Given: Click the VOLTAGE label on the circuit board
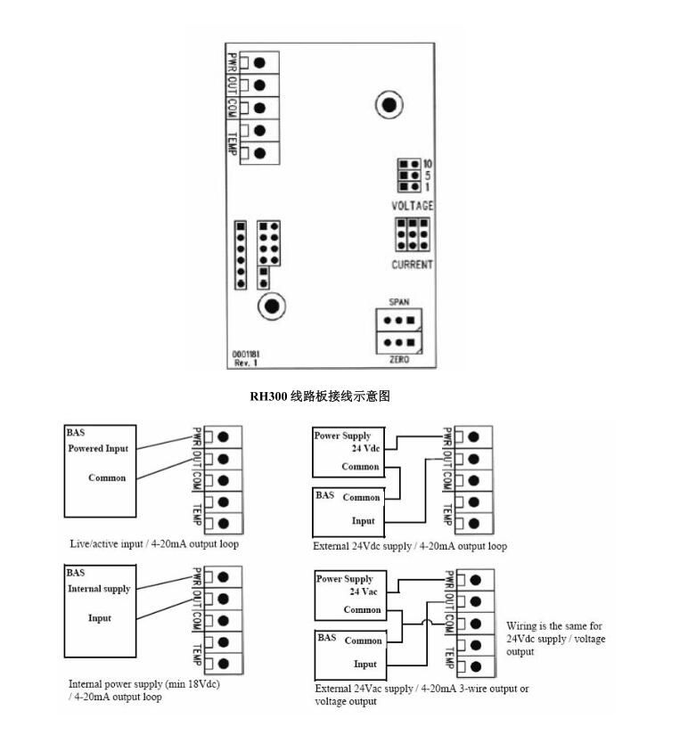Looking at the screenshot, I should tap(413, 206).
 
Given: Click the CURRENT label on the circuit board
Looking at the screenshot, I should tap(413, 265).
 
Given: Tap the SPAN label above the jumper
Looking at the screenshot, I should tap(397, 302).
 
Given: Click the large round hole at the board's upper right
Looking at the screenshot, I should tap(389, 104).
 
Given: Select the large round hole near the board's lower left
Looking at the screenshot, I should tap(272, 306).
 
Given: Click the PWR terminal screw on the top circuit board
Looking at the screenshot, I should tap(259, 62).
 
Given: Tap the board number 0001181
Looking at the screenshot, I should tap(247, 355).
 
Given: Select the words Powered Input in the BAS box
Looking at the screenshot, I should tap(98, 448).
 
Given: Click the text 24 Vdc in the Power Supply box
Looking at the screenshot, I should tap(364, 450).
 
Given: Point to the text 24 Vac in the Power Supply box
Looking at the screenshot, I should tap(365, 592).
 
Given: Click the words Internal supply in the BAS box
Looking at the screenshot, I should tap(99, 589).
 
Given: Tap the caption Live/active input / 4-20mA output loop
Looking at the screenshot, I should tap(154, 543).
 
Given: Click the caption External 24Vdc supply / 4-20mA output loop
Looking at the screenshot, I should tap(410, 545).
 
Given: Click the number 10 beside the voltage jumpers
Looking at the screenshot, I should tap(429, 165).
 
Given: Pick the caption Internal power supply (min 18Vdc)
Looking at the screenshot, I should tap(143, 684).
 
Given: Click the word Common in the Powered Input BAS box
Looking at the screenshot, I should tap(107, 478).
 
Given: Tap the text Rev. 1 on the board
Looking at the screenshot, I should tap(245, 363).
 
